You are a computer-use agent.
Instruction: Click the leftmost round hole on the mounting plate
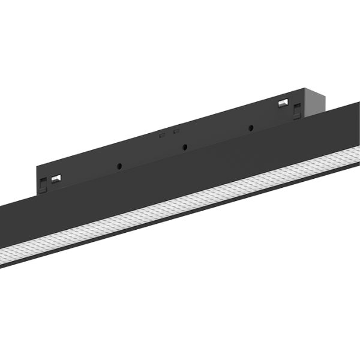(x=120, y=165)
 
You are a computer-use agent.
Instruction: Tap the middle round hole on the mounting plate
(x=185, y=146)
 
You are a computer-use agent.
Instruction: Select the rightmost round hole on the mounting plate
(x=250, y=127)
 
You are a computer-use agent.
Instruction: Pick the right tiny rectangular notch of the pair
(x=176, y=131)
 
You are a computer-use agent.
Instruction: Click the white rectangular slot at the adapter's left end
(x=56, y=178)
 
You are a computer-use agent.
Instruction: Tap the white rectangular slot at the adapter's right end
(x=283, y=103)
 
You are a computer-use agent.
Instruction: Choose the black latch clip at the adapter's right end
(x=296, y=109)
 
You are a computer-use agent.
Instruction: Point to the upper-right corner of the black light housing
(x=359, y=101)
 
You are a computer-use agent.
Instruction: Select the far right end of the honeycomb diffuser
(x=356, y=152)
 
